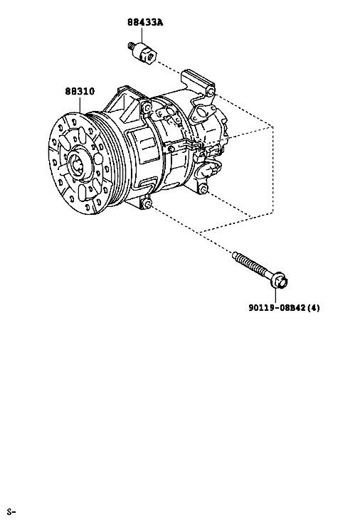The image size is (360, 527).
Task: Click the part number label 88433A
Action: pyautogui.click(x=145, y=23)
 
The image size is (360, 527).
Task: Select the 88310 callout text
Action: pyautogui.click(x=80, y=91)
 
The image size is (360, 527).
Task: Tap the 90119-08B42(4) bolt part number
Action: pyautogui.click(x=285, y=307)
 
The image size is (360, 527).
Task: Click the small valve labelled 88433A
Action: pyautogui.click(x=143, y=53)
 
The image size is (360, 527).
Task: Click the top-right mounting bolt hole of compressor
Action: pyautogui.click(x=211, y=92)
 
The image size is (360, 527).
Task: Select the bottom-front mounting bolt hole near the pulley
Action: pyautogui.click(x=147, y=203)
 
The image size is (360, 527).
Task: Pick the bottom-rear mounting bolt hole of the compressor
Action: pyautogui.click(x=203, y=190)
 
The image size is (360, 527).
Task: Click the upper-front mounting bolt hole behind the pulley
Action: pyautogui.click(x=147, y=107)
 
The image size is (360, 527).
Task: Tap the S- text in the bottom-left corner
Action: pyautogui.click(x=11, y=512)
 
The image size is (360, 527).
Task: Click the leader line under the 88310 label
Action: pyautogui.click(x=80, y=104)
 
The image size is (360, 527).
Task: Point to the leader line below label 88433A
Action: pyautogui.click(x=142, y=36)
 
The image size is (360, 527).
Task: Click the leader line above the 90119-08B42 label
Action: pyautogui.click(x=275, y=296)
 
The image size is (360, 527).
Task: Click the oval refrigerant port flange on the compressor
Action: pyautogui.click(x=202, y=112)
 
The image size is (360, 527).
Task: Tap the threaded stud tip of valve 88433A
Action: pyautogui.click(x=131, y=45)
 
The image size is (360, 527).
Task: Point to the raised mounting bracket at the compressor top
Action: pyautogui.click(x=197, y=80)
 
